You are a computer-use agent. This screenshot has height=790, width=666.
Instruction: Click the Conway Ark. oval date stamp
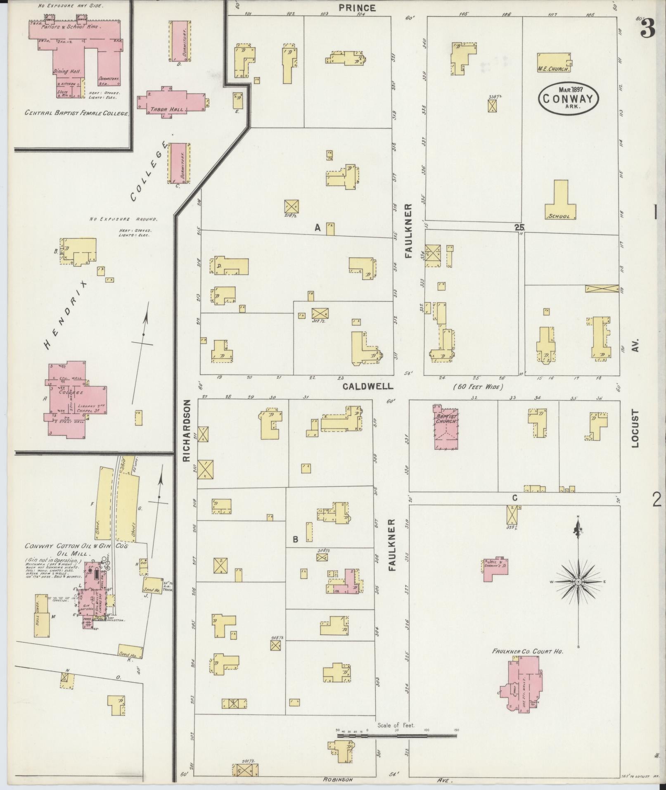[x=568, y=98]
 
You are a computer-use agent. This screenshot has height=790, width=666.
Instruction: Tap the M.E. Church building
[x=554, y=62]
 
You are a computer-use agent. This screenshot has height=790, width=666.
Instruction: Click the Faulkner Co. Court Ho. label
[x=528, y=651]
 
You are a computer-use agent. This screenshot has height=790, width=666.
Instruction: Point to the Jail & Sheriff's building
[x=495, y=569]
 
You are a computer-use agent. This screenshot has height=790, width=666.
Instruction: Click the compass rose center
[x=578, y=581]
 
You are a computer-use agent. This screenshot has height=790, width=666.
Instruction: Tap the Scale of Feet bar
[x=396, y=446]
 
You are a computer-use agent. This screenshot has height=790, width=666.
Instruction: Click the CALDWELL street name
[x=367, y=386]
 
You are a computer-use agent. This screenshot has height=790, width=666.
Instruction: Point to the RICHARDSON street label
[x=187, y=430]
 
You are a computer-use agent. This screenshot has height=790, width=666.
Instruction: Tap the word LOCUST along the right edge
[x=635, y=428]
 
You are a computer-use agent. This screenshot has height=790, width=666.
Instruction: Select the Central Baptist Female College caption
[x=77, y=113]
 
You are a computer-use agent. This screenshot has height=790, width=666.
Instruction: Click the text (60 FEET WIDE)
[x=478, y=387]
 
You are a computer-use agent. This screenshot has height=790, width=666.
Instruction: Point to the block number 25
[x=519, y=227]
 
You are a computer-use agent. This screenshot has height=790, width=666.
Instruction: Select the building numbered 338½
[x=492, y=106]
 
